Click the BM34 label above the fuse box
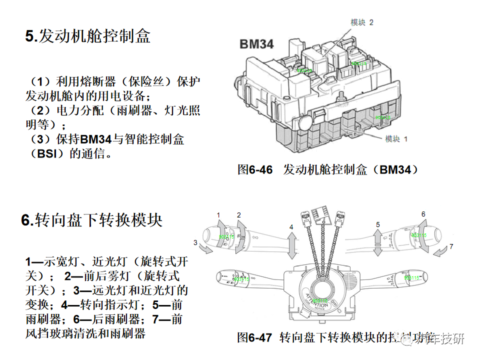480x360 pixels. point(256,44)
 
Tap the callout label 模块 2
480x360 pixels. point(362,22)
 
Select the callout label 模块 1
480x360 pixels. point(396,138)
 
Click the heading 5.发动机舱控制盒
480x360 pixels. point(88,36)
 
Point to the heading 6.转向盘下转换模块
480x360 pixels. point(92,220)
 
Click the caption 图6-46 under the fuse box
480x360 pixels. point(255,169)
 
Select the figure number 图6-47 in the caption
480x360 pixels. point(255,337)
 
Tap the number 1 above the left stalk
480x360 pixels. point(218,215)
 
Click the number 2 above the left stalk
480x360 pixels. point(238,215)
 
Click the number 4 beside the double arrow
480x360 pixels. point(291,227)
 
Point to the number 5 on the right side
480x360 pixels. point(378,224)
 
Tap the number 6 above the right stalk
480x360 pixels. point(423,214)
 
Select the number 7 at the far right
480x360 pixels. point(451,246)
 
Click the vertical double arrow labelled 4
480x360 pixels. point(291,246)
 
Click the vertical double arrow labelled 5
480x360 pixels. point(378,243)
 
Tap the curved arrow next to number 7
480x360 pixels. point(440,250)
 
